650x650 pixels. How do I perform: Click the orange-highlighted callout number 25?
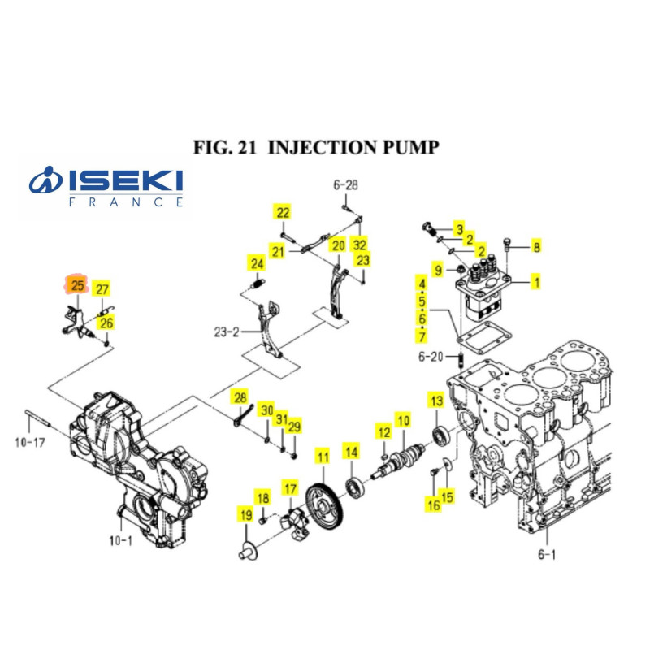[x=77, y=285]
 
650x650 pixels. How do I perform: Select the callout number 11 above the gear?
[x=323, y=457]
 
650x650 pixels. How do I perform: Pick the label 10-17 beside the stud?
[x=29, y=442]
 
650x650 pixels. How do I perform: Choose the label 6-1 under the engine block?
[x=547, y=554]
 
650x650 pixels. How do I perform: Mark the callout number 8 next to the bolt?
[x=537, y=247]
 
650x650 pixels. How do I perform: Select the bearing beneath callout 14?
[x=354, y=488]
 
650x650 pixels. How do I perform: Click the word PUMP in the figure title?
[x=410, y=147]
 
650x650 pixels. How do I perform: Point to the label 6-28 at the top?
[x=346, y=185]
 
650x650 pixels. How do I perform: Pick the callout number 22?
[x=283, y=213]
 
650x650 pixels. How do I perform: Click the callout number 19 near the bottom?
[x=246, y=515]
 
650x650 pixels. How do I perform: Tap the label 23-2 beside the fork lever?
[x=227, y=332]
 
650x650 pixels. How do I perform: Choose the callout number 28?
[x=240, y=397]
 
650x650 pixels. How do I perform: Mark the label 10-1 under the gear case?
[x=120, y=540]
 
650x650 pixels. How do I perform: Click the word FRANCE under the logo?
[x=126, y=202]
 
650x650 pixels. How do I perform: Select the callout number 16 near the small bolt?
[x=434, y=505]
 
